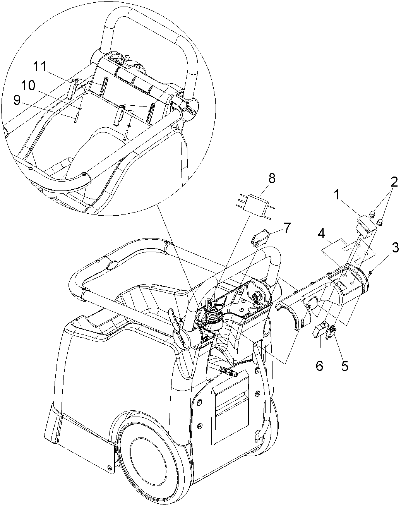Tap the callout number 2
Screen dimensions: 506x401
(394, 182)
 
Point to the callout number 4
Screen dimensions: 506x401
(321, 235)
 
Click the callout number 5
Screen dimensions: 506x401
(344, 365)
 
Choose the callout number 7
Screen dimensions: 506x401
(286, 228)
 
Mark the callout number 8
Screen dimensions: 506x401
(272, 179)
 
